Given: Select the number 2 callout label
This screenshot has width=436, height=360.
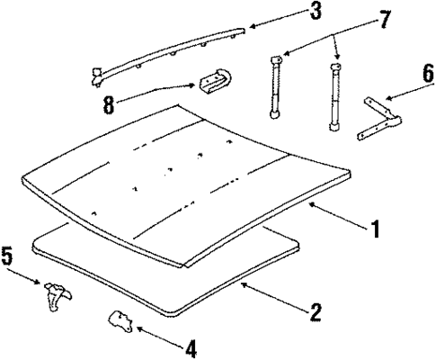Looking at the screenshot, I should pos(314,312).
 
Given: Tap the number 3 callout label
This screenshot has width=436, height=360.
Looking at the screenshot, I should pos(290,12).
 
